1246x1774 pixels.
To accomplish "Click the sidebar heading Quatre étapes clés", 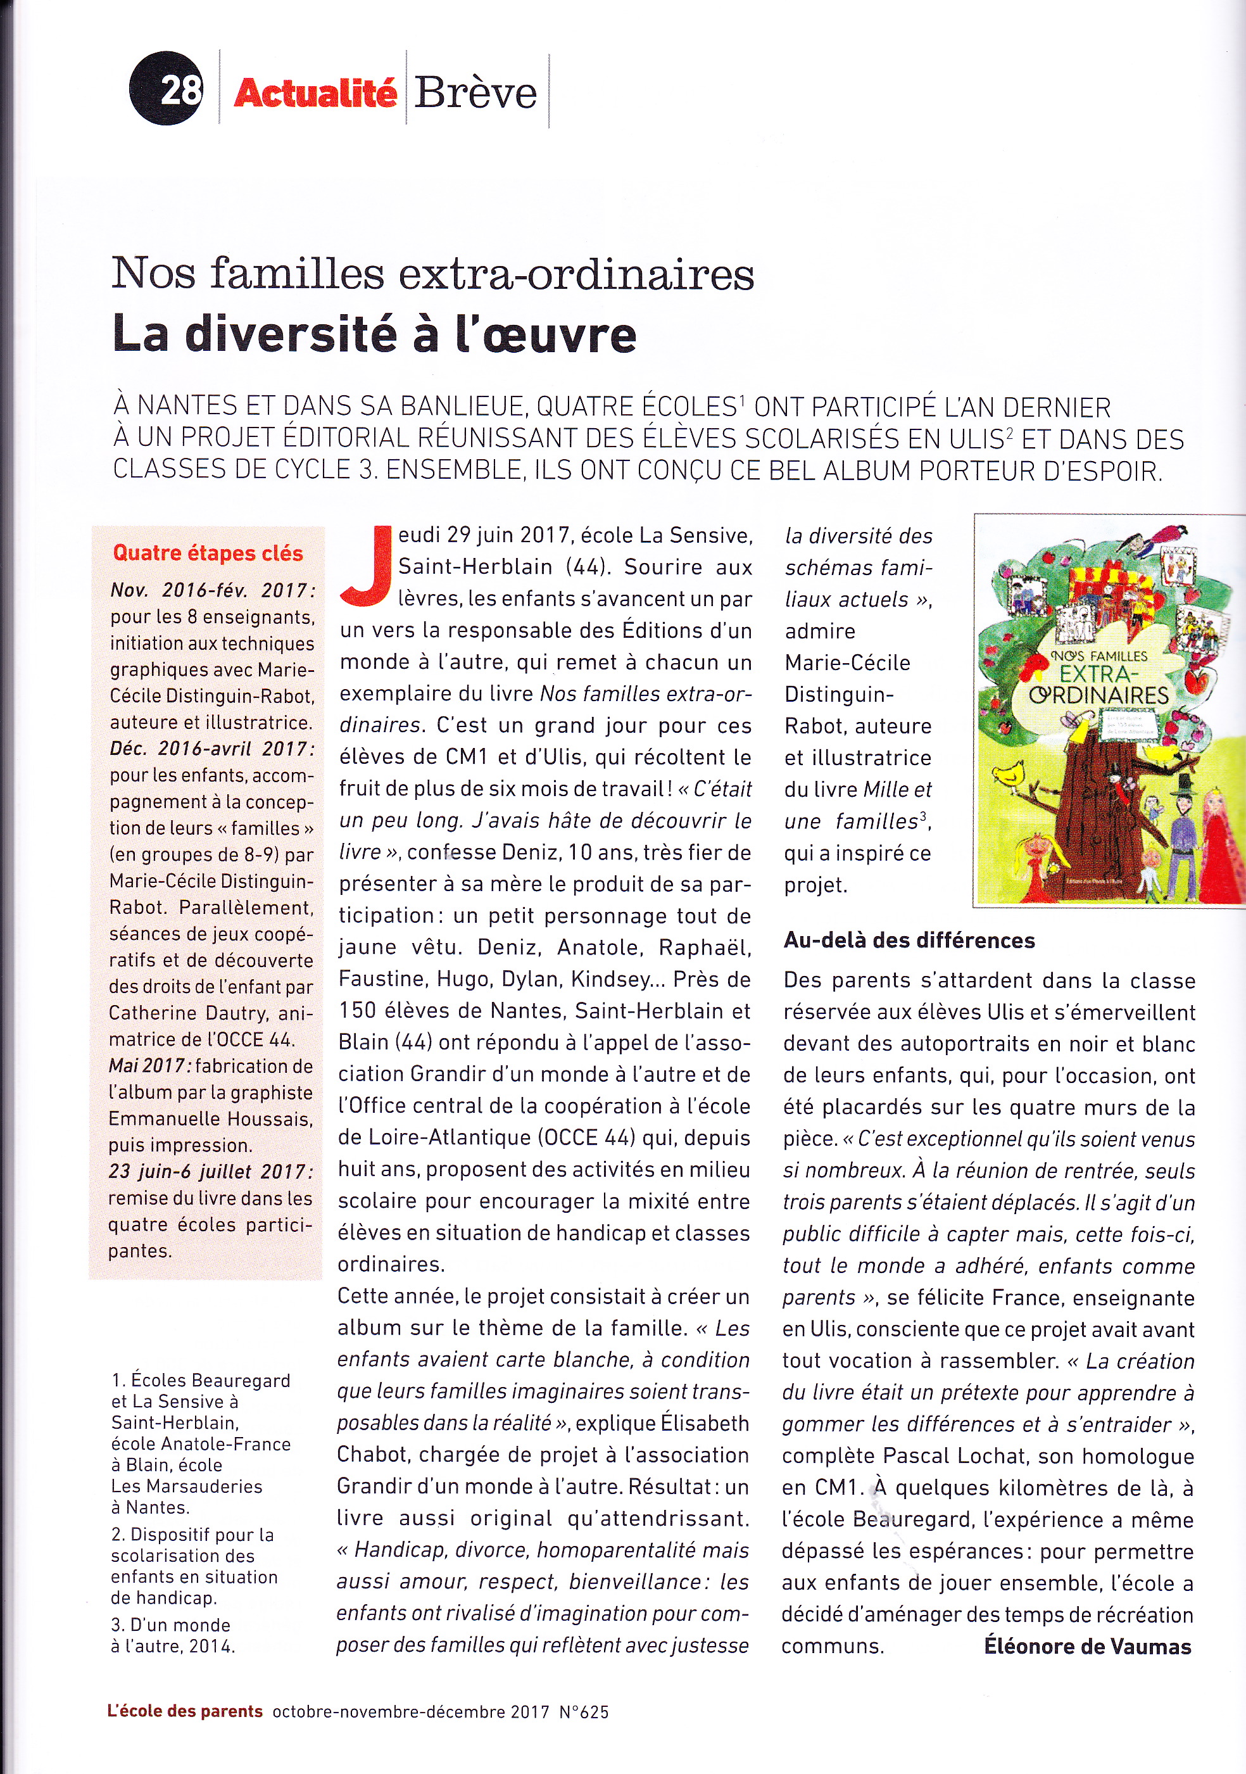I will coord(208,553).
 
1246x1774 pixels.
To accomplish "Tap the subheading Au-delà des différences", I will coord(909,941).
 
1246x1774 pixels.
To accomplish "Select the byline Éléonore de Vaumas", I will coord(1088,1647).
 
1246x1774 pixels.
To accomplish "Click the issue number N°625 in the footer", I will coord(584,1711).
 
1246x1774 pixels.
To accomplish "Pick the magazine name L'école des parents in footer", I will coord(185,1711).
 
